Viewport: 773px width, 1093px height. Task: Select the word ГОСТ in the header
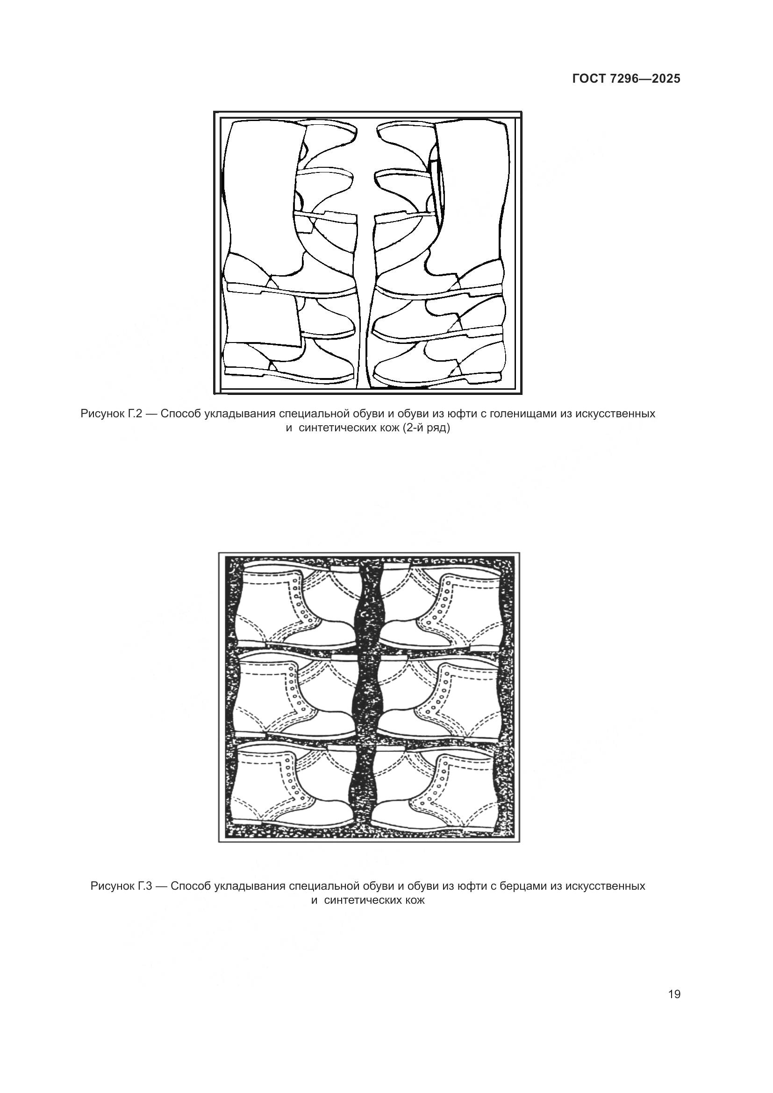(588, 79)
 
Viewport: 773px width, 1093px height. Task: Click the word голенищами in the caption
(524, 414)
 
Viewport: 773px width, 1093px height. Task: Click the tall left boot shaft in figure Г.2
(262, 190)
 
